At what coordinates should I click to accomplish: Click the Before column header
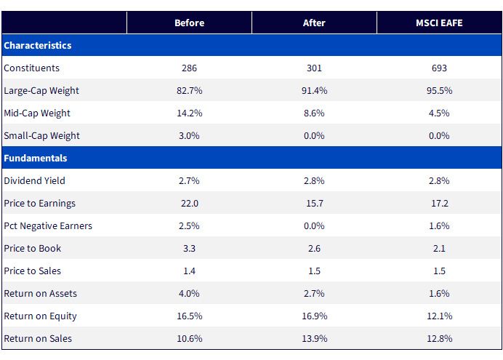click(189, 23)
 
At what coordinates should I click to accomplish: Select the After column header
click(314, 23)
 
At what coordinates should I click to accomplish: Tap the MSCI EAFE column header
click(439, 23)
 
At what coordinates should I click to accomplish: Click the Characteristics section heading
click(38, 45)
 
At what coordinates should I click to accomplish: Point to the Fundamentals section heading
click(36, 158)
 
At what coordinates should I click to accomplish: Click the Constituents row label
click(31, 68)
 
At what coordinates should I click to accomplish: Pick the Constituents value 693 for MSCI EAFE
click(439, 68)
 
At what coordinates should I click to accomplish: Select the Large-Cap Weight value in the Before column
click(189, 90)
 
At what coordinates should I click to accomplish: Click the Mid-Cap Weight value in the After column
click(314, 113)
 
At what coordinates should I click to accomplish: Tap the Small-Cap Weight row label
click(41, 136)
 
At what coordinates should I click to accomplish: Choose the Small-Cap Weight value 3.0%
click(189, 136)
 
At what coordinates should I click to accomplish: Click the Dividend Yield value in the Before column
click(189, 180)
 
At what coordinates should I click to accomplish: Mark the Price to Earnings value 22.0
click(189, 203)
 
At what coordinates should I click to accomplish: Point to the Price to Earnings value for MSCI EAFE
click(439, 203)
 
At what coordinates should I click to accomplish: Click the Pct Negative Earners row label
click(48, 226)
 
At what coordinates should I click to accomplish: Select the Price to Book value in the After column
click(314, 248)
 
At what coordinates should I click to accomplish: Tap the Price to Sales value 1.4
click(189, 271)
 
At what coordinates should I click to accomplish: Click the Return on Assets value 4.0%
click(189, 293)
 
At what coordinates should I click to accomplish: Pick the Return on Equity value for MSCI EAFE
click(439, 316)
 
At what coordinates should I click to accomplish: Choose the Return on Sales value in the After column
click(314, 338)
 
